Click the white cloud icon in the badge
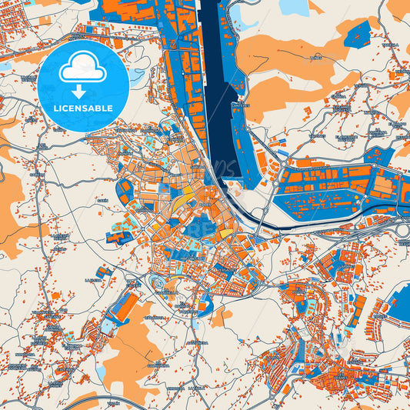(82, 68)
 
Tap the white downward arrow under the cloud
(82, 92)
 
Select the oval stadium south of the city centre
(165, 284)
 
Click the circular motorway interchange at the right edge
(403, 229)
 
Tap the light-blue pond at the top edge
(293, 7)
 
